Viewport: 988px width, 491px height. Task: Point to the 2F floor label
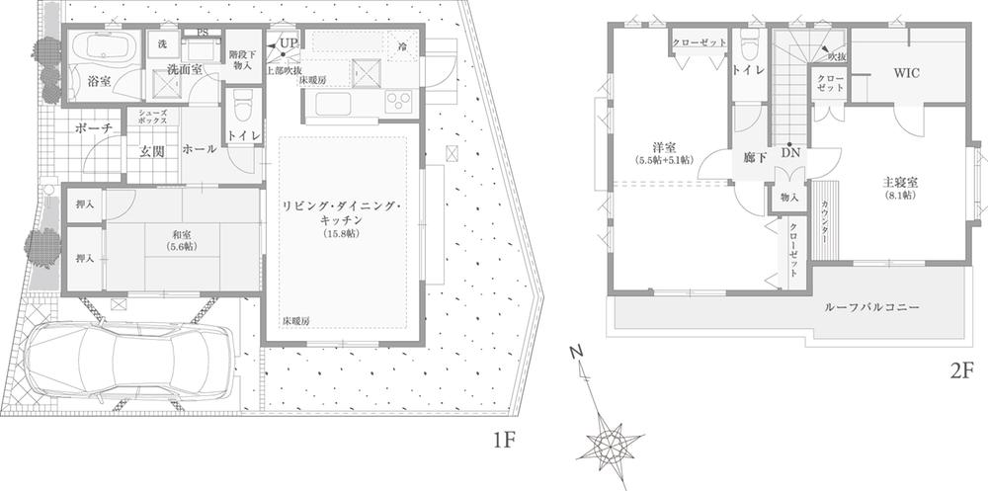(961, 371)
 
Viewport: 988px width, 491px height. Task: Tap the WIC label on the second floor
(907, 73)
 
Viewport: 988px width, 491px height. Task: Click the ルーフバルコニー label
(872, 308)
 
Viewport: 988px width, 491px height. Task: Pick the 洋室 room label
(663, 147)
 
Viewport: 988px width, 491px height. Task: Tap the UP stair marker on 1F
(288, 43)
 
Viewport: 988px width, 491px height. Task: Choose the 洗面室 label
(184, 70)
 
